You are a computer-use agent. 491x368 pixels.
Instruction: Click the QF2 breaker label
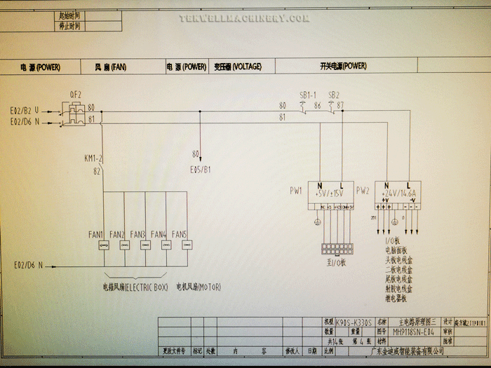75,94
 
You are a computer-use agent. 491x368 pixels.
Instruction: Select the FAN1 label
96,233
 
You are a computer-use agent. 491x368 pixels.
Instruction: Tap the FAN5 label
180,233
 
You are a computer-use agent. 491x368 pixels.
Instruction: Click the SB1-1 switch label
308,95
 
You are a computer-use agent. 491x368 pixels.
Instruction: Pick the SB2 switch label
334,95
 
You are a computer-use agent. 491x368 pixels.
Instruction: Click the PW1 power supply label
296,190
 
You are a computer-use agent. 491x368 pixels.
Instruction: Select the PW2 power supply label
363,190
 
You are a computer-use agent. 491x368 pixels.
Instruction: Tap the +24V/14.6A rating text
399,193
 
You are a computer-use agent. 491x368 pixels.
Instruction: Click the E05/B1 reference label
201,169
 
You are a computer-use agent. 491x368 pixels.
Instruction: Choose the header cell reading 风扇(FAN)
110,67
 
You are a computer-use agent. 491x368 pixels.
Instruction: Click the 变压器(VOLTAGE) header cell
238,67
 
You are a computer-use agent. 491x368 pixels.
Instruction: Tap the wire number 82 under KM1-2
97,170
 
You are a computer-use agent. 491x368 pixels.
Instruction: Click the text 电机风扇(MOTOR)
198,287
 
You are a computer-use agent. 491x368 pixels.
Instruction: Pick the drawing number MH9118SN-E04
415,331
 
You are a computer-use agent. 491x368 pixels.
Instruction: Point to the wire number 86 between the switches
317,106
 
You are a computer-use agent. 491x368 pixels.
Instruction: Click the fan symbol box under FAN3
144,245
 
